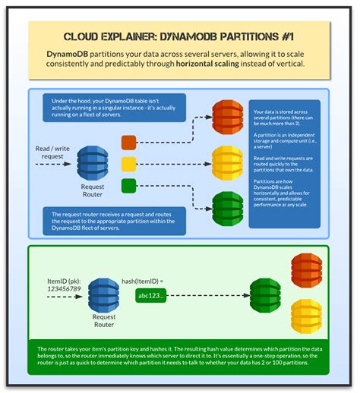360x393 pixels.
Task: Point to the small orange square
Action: pyautogui.click(x=129, y=142)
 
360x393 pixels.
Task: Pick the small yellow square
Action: pyautogui.click(x=129, y=162)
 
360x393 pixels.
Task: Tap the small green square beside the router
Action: pyautogui.click(x=129, y=184)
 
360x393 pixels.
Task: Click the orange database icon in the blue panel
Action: pyautogui.click(x=227, y=117)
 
